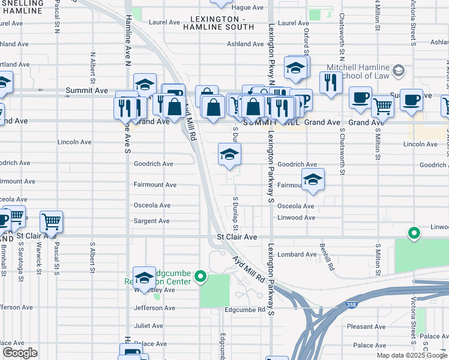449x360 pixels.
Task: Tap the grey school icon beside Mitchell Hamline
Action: click(x=397, y=72)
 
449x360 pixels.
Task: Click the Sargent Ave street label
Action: click(x=151, y=221)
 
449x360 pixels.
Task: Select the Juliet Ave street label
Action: click(x=149, y=326)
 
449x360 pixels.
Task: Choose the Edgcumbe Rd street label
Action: click(x=244, y=310)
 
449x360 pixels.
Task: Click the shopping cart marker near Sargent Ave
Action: click(x=52, y=221)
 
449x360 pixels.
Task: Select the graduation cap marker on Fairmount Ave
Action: click(x=313, y=179)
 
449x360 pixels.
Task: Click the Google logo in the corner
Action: click(x=20, y=352)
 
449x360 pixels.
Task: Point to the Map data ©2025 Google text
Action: click(x=412, y=355)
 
